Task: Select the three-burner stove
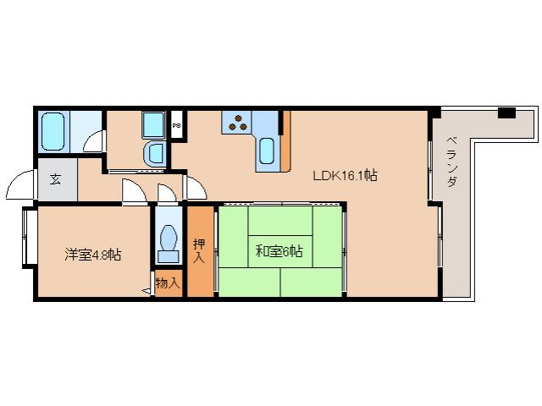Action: coord(238,123)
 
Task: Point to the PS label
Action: coord(176,125)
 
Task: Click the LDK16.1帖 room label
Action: coord(345,176)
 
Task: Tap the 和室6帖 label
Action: coord(279,250)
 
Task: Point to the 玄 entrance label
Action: coord(54,178)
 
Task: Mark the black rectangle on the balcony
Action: coord(506,112)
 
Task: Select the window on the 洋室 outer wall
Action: coord(25,238)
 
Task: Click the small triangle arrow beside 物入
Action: coord(146,289)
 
